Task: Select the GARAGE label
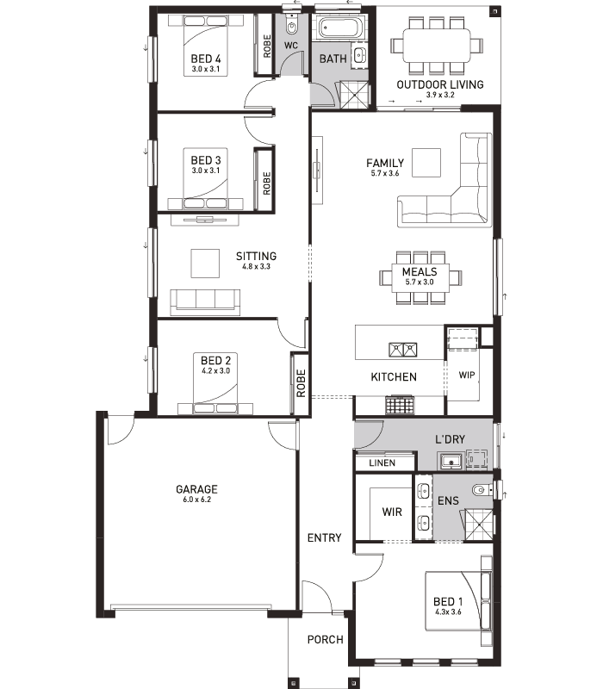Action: [196, 489]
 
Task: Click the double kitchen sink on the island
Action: [402, 350]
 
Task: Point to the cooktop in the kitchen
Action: [400, 405]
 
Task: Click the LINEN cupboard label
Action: [382, 462]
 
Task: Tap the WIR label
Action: [392, 512]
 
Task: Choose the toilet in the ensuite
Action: [482, 489]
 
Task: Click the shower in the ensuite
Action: [479, 525]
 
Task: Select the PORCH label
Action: [326, 639]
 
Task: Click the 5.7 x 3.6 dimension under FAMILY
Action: [384, 174]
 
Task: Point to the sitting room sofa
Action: [205, 302]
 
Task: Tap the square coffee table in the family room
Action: [426, 163]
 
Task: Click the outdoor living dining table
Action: [437, 46]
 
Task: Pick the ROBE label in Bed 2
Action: [301, 383]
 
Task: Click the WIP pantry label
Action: [467, 375]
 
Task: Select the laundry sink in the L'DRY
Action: [451, 462]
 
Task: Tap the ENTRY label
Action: [325, 537]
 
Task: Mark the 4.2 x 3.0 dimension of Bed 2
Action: [216, 371]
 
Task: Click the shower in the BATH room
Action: [355, 95]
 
